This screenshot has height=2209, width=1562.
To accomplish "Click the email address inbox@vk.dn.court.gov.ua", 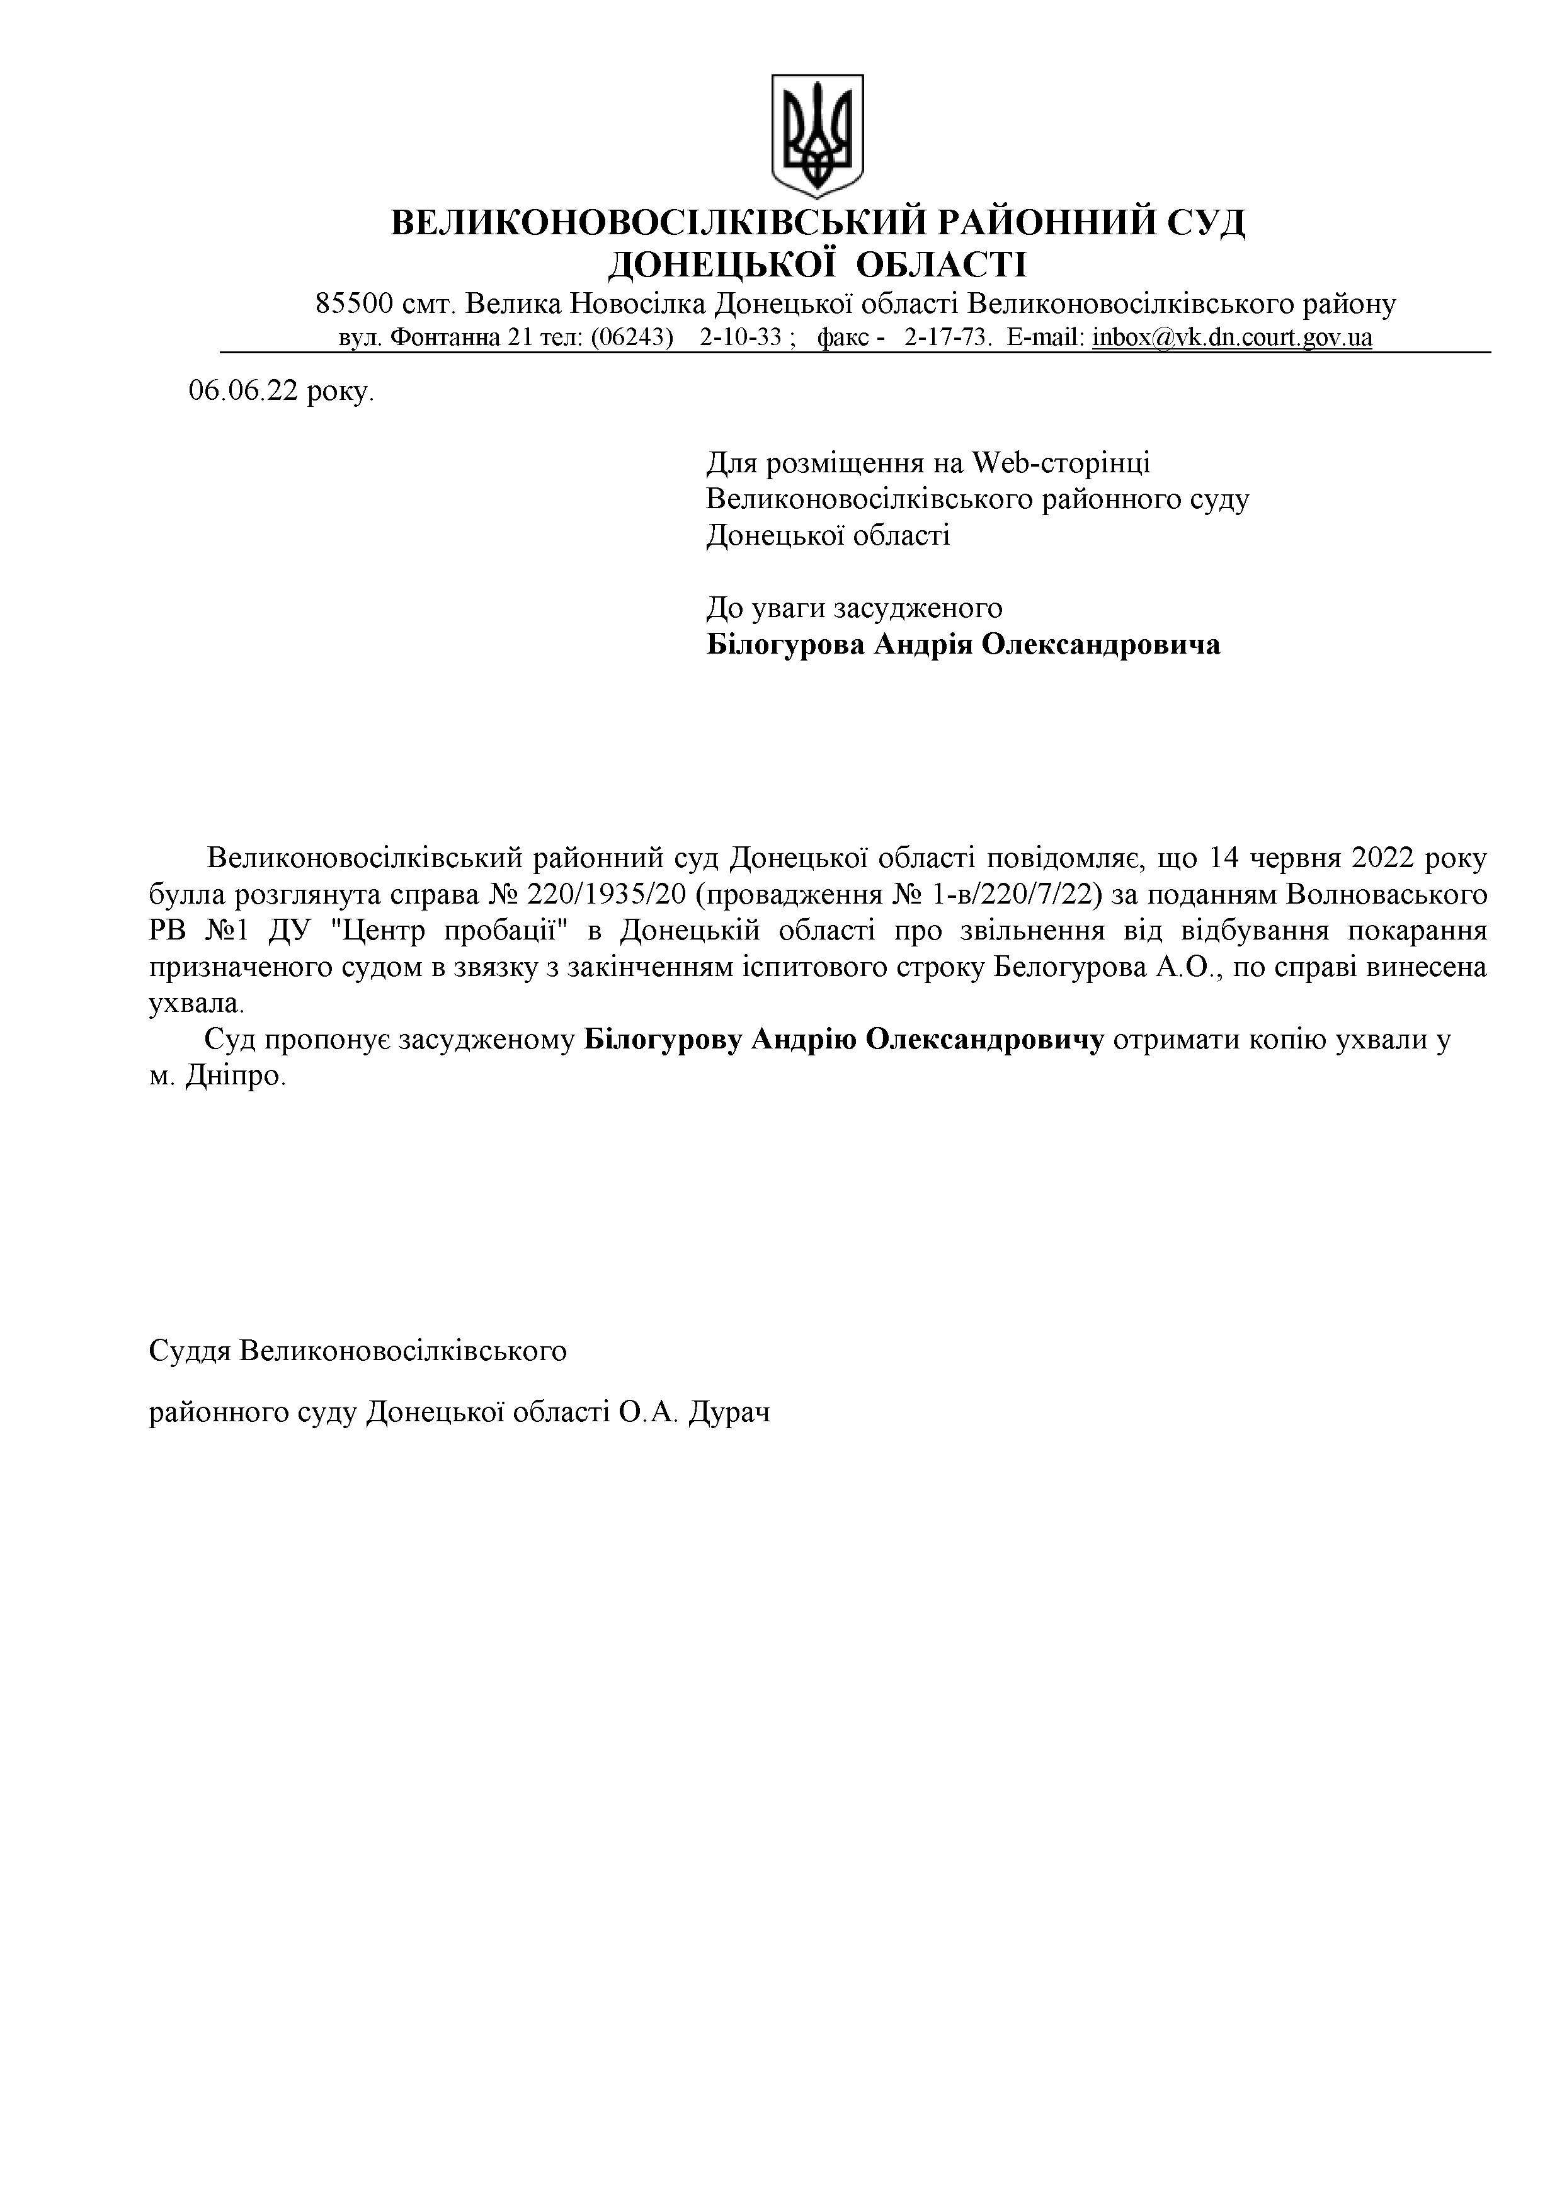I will tap(1232, 338).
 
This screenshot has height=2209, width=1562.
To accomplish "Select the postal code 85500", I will tap(354, 304).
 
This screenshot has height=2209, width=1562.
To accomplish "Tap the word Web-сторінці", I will tap(1061, 463).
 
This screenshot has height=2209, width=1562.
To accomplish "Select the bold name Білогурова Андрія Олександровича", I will tap(962, 644).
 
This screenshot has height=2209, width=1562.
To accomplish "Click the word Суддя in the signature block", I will tap(190, 1351).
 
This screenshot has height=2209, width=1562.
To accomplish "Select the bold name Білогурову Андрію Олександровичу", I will tap(844, 1040).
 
